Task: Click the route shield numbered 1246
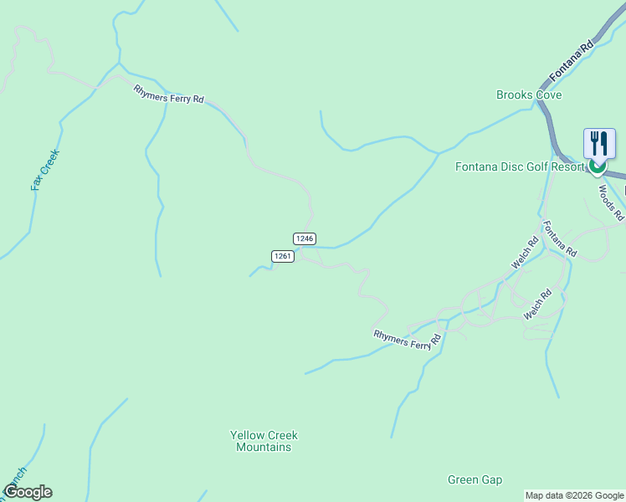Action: click(x=305, y=238)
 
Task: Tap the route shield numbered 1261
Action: click(x=282, y=256)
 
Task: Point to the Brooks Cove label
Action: click(x=528, y=95)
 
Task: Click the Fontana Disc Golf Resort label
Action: click(x=520, y=166)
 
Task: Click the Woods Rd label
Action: click(x=611, y=202)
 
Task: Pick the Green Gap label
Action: click(x=475, y=479)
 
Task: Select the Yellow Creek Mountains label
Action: click(x=264, y=441)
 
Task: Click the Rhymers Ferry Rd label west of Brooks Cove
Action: click(x=168, y=94)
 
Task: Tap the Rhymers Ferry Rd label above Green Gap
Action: click(x=407, y=339)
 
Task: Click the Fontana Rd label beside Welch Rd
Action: click(x=559, y=239)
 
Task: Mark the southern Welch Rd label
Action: click(x=537, y=304)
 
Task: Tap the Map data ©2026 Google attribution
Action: click(x=574, y=495)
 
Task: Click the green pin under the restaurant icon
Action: click(x=597, y=166)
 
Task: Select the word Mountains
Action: click(x=264, y=447)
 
